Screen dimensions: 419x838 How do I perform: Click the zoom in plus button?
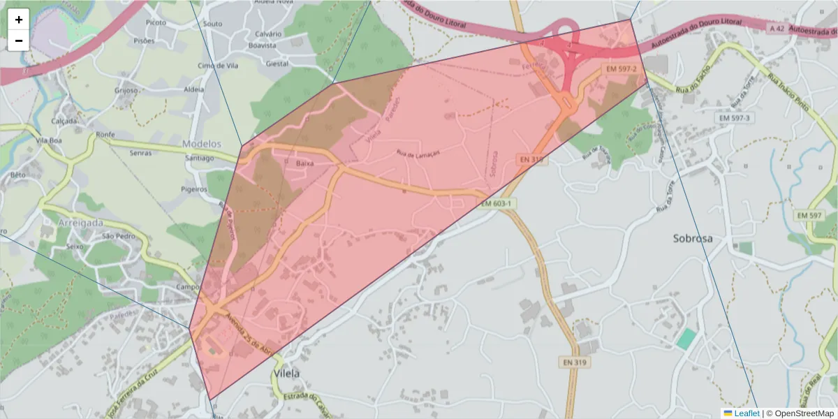click(18, 20)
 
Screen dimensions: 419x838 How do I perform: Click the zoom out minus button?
click(18, 41)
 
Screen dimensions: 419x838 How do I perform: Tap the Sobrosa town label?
click(693, 238)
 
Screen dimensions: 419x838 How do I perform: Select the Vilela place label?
click(287, 374)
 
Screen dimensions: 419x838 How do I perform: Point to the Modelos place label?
click(201, 144)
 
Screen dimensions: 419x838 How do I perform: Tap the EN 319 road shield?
click(574, 362)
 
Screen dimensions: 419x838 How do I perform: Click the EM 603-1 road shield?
click(497, 203)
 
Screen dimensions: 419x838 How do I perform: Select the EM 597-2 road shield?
click(621, 69)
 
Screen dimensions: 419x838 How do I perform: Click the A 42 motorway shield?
click(776, 29)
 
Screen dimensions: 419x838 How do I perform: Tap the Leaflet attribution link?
click(746, 413)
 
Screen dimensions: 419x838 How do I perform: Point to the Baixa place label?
click(305, 163)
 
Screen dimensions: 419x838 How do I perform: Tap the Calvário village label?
click(268, 34)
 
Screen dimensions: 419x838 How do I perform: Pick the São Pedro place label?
click(117, 236)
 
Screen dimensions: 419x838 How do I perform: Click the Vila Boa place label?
click(50, 140)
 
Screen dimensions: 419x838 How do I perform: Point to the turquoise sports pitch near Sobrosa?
click(686, 339)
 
